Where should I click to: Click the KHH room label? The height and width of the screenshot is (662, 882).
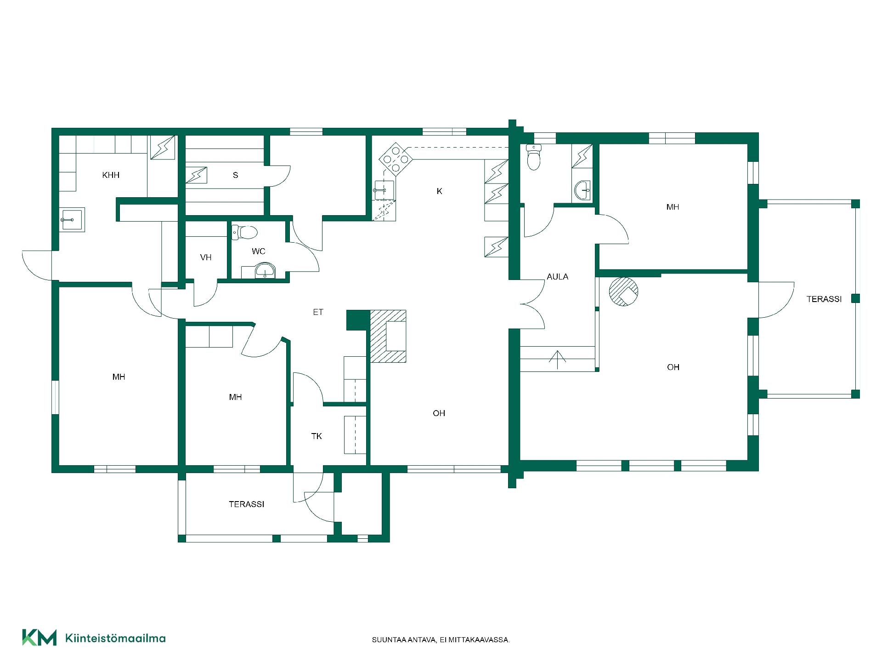111,175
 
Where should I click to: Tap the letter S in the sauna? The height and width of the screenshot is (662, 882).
236,175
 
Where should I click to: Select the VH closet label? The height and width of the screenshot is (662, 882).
206,257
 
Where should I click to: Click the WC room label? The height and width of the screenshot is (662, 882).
259,251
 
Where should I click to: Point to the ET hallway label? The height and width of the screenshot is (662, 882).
318,312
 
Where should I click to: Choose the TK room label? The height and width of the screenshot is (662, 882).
317,436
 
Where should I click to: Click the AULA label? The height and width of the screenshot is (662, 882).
557,277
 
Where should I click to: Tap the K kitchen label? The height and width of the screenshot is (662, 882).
439,191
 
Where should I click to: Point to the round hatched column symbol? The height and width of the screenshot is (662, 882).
623,291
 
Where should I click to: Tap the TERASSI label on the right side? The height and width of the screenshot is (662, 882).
824,299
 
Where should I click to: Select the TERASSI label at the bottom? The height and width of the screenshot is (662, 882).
247,504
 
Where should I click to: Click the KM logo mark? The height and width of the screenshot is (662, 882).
40,637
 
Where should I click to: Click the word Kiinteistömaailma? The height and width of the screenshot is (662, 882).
115,638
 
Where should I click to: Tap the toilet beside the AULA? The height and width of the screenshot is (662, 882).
533,157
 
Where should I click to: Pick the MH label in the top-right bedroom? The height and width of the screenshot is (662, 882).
673,207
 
